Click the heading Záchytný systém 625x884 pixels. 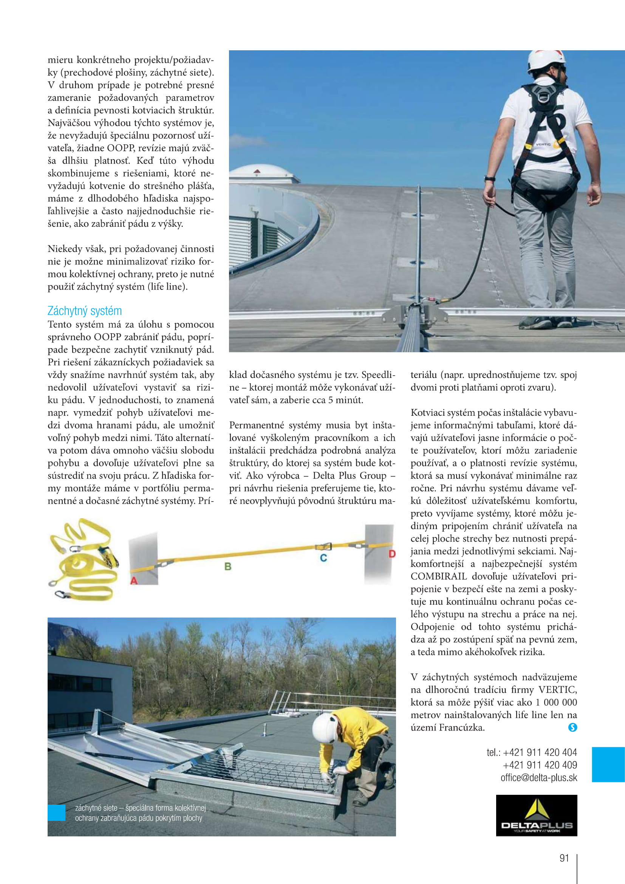coord(84,311)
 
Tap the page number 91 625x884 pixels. coord(564,858)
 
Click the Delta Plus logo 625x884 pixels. coord(536,815)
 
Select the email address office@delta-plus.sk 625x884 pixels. coord(538,778)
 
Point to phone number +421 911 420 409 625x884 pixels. coord(540,765)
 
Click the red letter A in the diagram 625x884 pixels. coord(134,580)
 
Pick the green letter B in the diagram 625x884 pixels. coord(228,567)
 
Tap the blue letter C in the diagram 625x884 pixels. coord(323,558)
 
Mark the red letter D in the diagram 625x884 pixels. coord(392,554)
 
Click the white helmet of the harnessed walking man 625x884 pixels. coord(546,61)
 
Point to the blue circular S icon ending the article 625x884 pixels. coord(572,727)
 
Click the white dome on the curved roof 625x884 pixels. coord(265,173)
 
